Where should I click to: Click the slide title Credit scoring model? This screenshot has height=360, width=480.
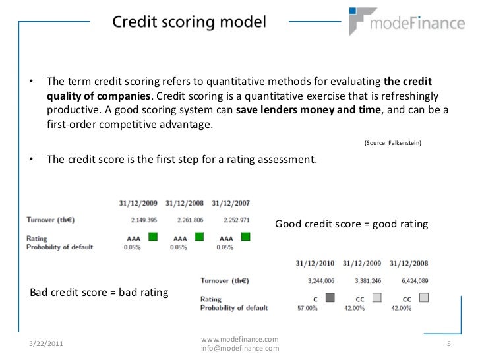[x=189, y=22]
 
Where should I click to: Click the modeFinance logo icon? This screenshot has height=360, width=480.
[x=362, y=20]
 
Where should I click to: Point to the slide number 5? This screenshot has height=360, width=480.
[x=448, y=343]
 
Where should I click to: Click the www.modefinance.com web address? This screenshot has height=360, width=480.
[x=239, y=338]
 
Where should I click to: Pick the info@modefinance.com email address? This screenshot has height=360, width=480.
[x=239, y=348]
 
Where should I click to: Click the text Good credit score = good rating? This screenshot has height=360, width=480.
[x=351, y=224]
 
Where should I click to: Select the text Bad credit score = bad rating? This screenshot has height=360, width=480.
[x=99, y=292]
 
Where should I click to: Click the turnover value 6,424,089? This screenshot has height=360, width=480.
[x=410, y=280]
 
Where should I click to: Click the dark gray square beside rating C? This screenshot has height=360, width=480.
[x=330, y=297]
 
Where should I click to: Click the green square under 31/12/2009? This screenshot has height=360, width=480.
[x=153, y=236]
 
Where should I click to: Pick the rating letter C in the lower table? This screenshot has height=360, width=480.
[x=315, y=299]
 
